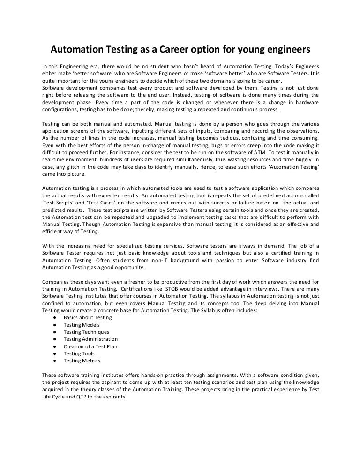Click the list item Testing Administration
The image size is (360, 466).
pos(90,339)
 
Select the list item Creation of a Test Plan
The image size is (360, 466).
pos(90,346)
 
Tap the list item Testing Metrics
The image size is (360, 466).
pos(82,361)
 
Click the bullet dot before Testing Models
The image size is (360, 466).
pos(55,325)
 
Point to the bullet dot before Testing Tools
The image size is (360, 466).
pos(55,353)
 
